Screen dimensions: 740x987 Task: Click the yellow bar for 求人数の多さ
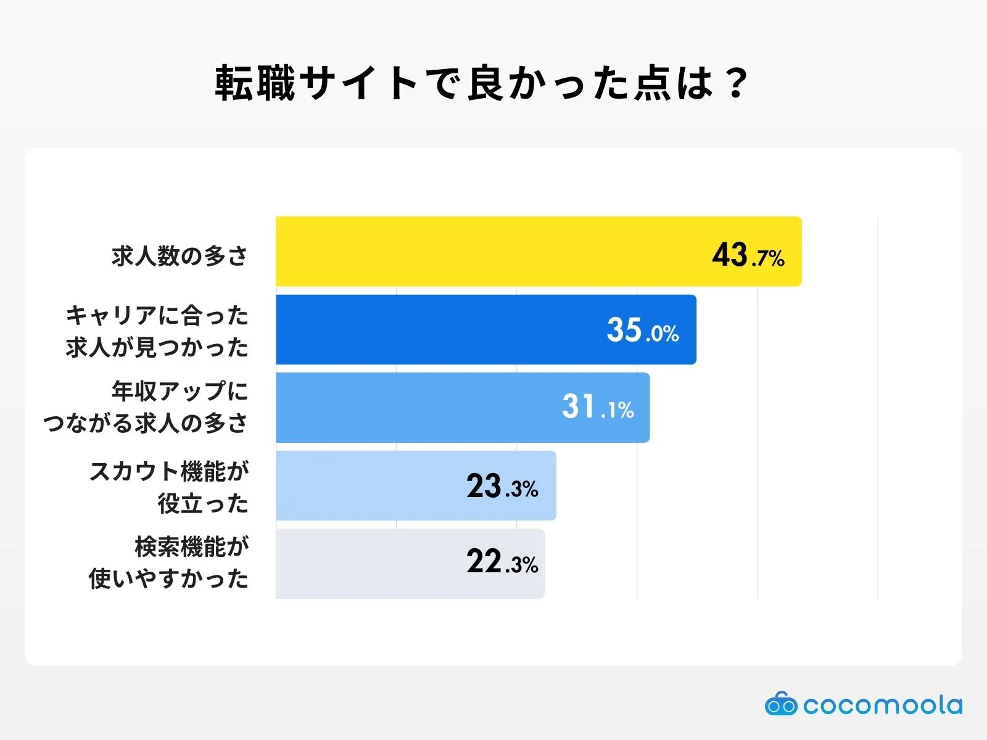[493, 251]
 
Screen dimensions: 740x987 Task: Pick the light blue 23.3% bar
[370, 485]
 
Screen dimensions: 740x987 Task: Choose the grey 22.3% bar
[370, 563]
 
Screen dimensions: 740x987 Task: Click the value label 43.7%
[748, 255]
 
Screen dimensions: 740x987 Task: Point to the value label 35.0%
[642, 331]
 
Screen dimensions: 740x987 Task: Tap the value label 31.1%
[597, 408]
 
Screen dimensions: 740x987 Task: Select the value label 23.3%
[502, 487]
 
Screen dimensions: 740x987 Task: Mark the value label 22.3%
[502, 562]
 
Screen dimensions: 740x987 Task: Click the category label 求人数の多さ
[180, 255]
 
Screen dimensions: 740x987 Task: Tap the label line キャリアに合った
[157, 316]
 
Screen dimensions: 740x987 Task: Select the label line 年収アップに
[180, 391]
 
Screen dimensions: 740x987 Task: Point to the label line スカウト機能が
[169, 472]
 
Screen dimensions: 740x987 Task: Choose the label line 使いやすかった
[168, 578]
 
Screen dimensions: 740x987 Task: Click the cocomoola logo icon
[780, 704]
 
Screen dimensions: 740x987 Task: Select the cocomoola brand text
[882, 705]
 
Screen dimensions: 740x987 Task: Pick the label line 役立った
[202, 504]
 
